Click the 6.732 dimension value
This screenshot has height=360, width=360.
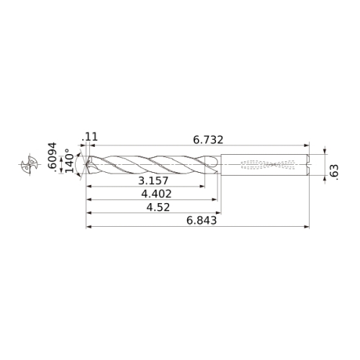tap(208, 140)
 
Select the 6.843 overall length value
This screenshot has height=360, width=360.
tap(202, 220)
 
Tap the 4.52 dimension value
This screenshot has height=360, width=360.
tap(158, 207)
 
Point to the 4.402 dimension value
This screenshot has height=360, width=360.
tap(156, 194)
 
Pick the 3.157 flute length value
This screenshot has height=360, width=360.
tap(153, 181)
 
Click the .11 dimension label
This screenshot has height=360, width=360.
tap(90, 137)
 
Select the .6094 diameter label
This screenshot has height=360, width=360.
tap(53, 157)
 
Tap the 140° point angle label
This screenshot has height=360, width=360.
tap(70, 161)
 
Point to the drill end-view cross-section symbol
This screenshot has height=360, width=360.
tap(30, 164)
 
